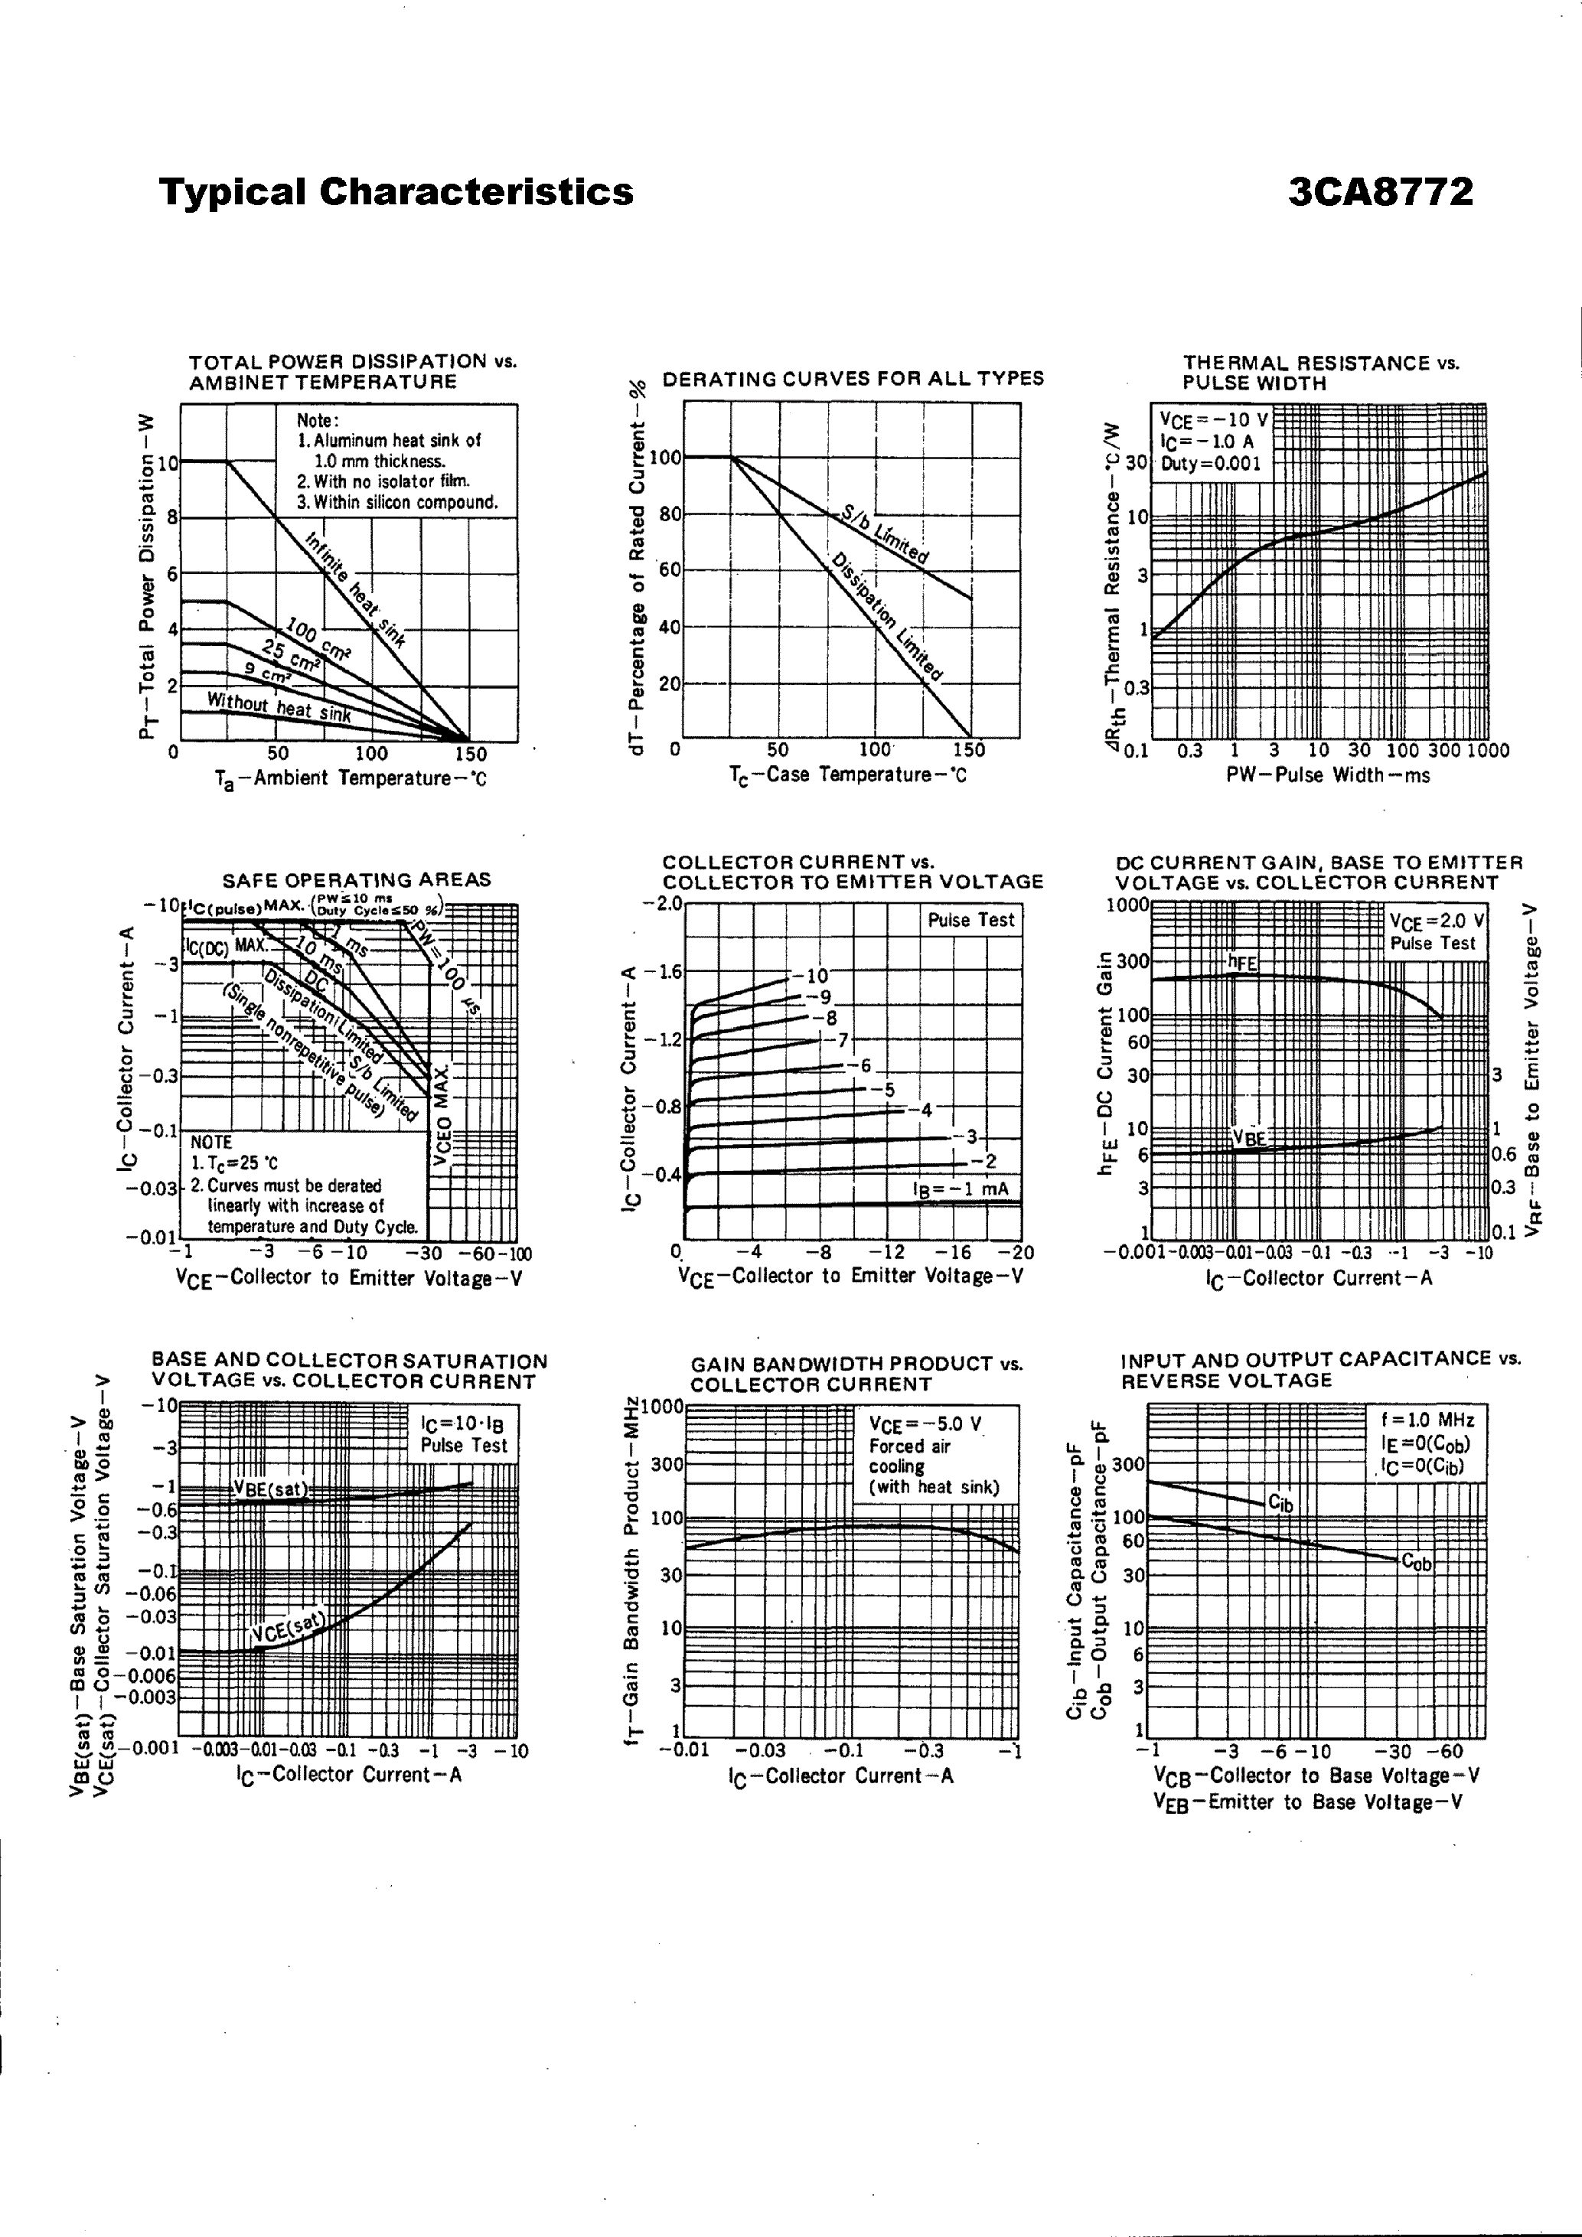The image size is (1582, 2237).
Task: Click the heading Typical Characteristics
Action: point(396,192)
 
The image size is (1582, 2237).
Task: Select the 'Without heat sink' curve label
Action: point(279,706)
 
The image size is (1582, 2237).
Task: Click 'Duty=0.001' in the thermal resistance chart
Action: point(1211,464)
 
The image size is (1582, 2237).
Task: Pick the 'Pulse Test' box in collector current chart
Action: point(971,920)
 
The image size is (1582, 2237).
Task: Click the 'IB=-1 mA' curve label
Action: point(961,1189)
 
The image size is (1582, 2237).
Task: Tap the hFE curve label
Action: point(1243,963)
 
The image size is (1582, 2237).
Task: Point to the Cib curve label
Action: point(1280,1503)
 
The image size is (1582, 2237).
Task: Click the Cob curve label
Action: point(1417,1563)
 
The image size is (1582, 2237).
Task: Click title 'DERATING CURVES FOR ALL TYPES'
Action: point(853,378)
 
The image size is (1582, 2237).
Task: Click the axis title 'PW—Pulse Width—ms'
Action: point(1328,775)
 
